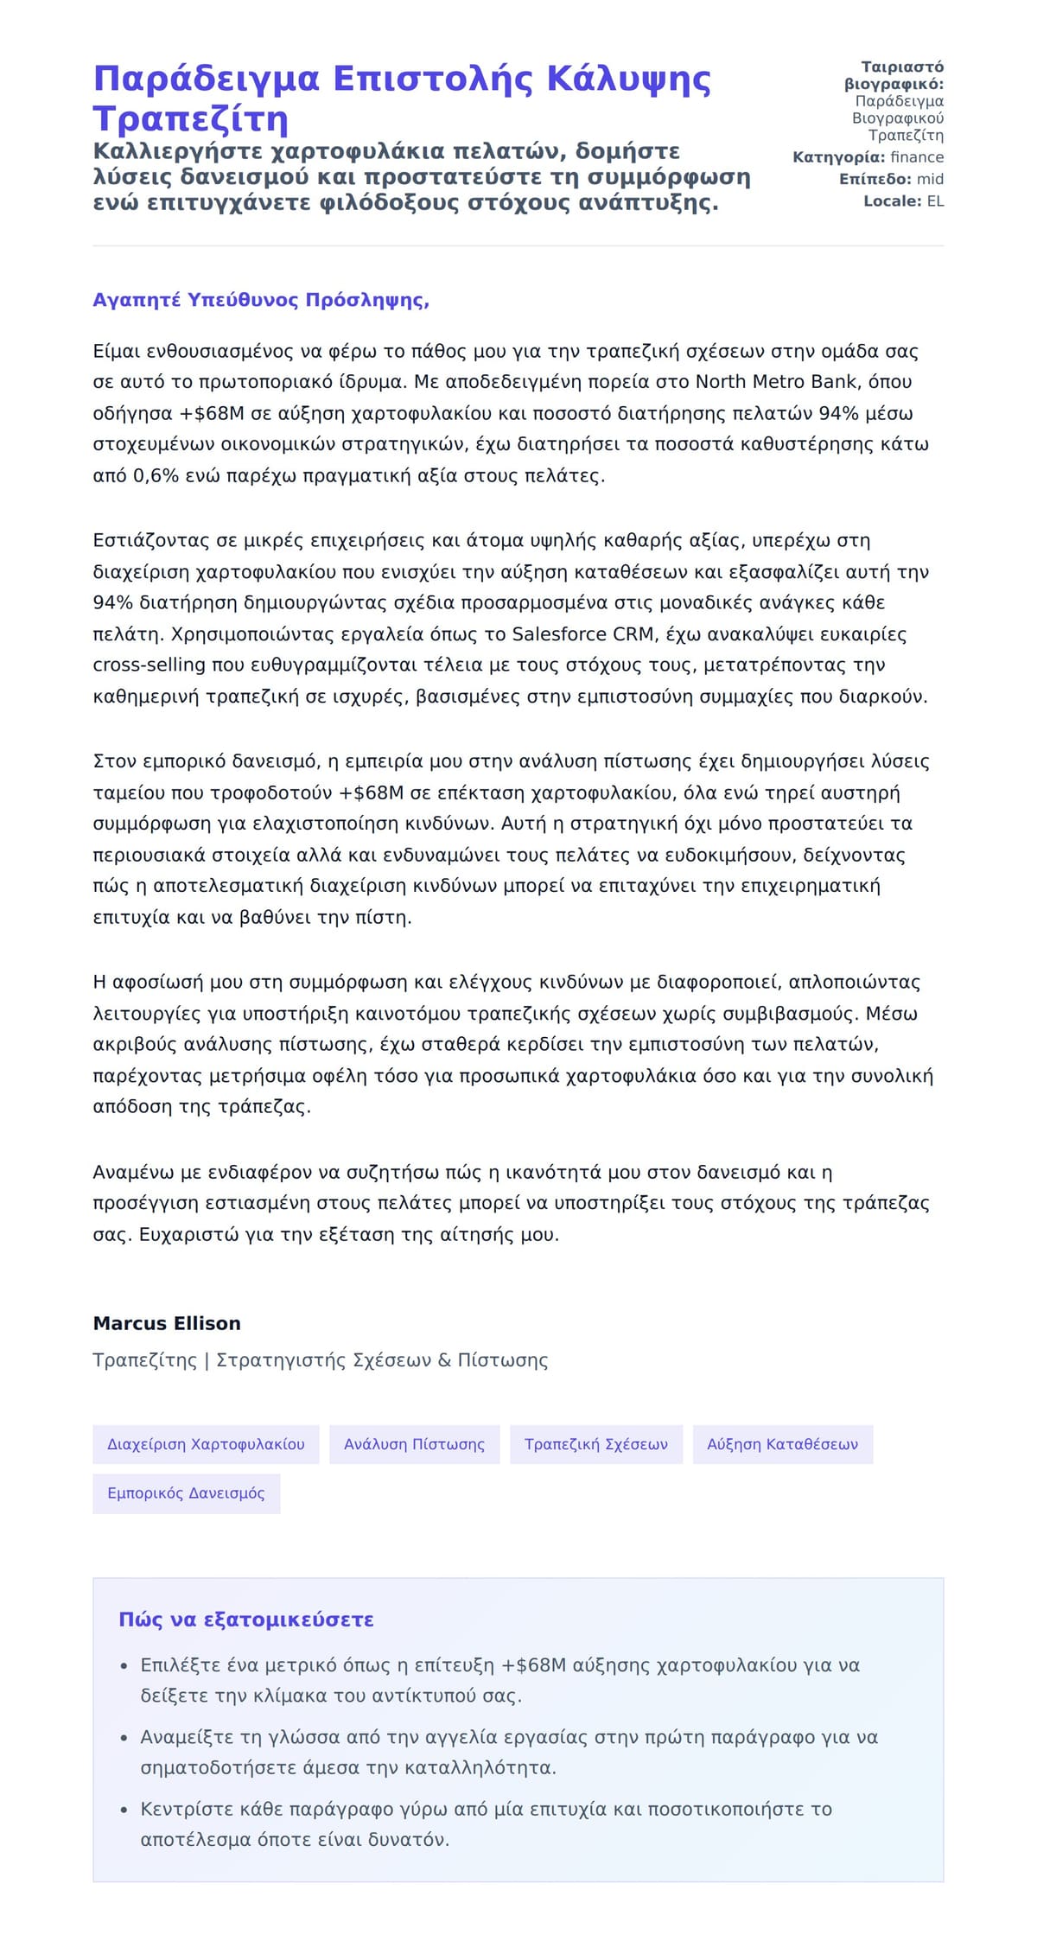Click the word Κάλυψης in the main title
629,80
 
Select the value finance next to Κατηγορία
917,157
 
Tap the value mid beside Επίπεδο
930,180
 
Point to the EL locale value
935,201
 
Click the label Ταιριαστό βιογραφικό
894,76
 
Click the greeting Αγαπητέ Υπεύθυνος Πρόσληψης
261,301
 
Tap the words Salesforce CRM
582,634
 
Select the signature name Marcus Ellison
167,1323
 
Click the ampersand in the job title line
444,1360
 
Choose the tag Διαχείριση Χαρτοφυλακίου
206,1444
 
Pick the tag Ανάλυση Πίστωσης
414,1444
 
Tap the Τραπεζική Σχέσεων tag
595,1444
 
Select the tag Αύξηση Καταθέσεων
782,1444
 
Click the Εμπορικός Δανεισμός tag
186,1493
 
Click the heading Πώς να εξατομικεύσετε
246,1620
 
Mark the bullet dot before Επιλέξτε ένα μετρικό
124,1666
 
